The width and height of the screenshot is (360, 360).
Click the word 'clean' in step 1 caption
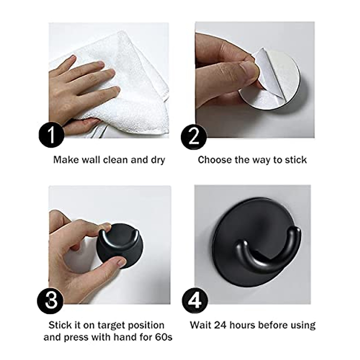(115, 160)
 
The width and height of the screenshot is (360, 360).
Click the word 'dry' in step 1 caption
(157, 160)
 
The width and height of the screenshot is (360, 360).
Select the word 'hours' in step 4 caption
(246, 325)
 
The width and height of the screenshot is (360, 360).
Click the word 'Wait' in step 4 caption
(200, 325)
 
